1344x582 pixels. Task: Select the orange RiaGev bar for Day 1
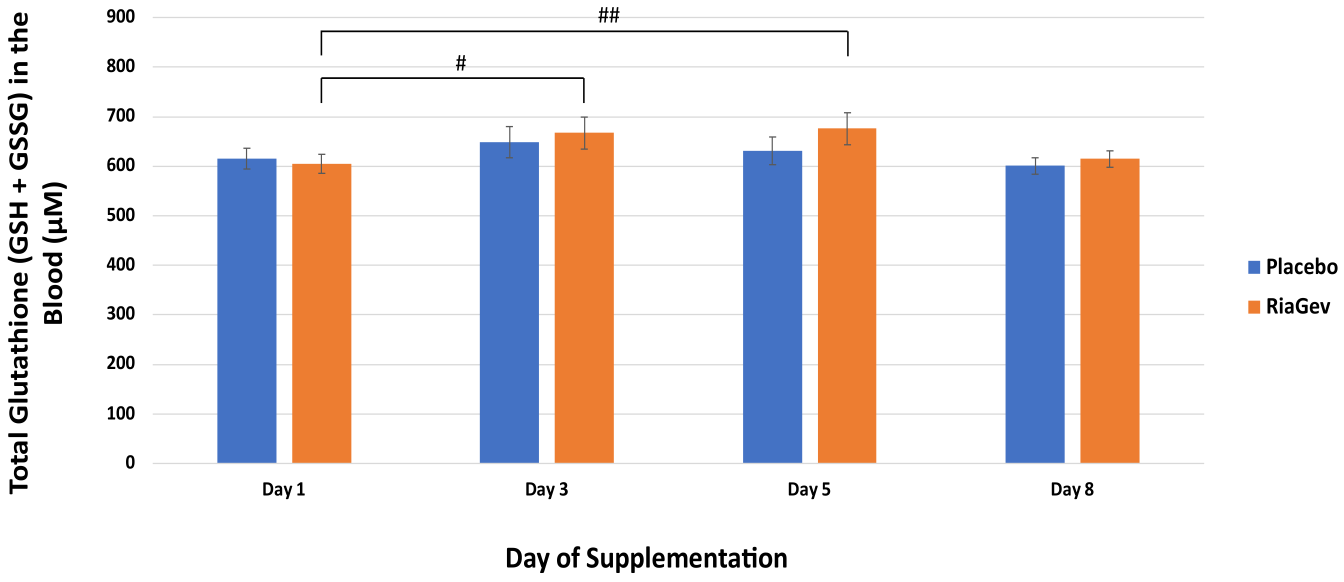point(321,313)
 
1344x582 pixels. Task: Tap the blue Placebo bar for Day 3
point(509,302)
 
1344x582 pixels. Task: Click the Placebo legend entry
point(1292,267)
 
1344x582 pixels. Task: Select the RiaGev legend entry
point(1288,306)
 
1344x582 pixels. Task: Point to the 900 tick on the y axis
point(120,16)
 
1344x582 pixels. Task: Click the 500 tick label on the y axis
point(120,215)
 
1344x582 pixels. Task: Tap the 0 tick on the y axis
point(130,462)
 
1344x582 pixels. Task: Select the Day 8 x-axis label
point(1071,489)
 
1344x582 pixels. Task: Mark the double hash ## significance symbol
point(608,15)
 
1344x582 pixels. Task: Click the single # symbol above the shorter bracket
point(460,63)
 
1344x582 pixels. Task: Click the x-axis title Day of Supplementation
point(646,558)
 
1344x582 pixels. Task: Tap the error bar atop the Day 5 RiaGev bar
point(847,128)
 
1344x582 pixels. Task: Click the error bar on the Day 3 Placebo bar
point(509,142)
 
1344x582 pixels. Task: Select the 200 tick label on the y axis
point(120,363)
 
